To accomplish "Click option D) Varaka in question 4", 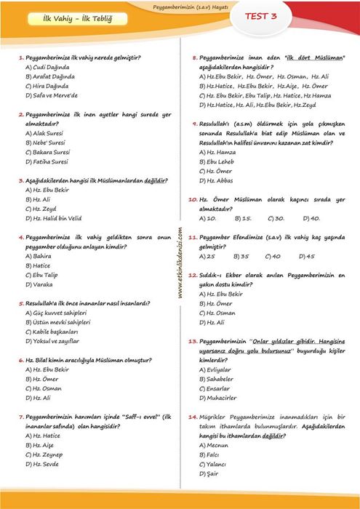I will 40,284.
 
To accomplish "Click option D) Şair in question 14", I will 212,473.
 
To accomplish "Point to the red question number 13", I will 193,340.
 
